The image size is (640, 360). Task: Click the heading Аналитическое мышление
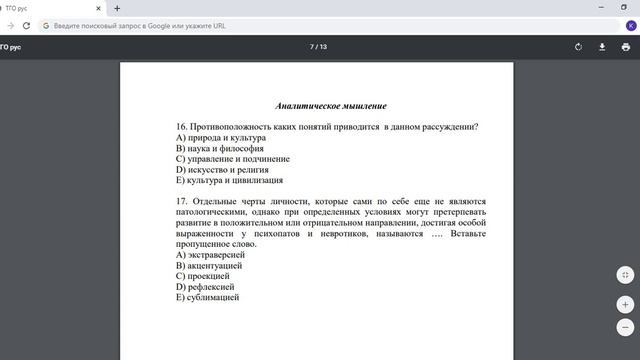[x=331, y=106]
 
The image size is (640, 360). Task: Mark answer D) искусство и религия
[x=224, y=170]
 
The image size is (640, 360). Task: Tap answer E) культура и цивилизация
[x=229, y=181]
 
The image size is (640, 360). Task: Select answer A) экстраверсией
[x=210, y=255]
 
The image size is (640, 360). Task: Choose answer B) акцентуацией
[x=209, y=266]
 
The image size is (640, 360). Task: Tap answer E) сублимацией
[x=207, y=298]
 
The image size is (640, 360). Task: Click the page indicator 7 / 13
[x=318, y=46]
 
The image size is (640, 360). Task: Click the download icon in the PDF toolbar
[x=602, y=46]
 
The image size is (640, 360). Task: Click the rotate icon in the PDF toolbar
[x=578, y=46]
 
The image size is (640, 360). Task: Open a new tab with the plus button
[x=117, y=8]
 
